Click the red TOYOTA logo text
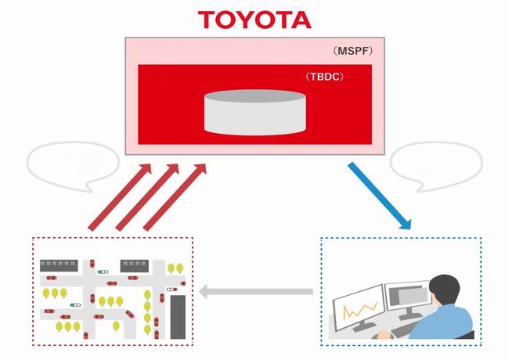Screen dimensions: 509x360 point(254,20)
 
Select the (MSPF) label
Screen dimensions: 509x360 point(352,51)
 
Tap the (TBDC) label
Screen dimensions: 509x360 point(324,77)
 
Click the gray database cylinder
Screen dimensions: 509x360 point(254,112)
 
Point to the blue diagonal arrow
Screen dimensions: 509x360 point(380,196)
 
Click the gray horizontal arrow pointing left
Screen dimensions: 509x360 point(256,291)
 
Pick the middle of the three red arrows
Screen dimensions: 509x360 point(147,197)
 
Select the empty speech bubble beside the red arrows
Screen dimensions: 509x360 point(73,166)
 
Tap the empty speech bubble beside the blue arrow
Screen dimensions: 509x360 point(436,166)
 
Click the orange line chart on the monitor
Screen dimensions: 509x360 point(360,310)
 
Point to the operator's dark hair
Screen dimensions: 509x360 point(445,290)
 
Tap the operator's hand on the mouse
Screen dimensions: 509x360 point(385,334)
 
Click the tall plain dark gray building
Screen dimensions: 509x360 point(178,316)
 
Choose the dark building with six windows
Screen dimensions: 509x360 point(59,265)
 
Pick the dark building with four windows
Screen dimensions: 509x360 point(135,265)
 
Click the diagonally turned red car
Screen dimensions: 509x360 point(129,314)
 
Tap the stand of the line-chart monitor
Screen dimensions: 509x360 point(363,325)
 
